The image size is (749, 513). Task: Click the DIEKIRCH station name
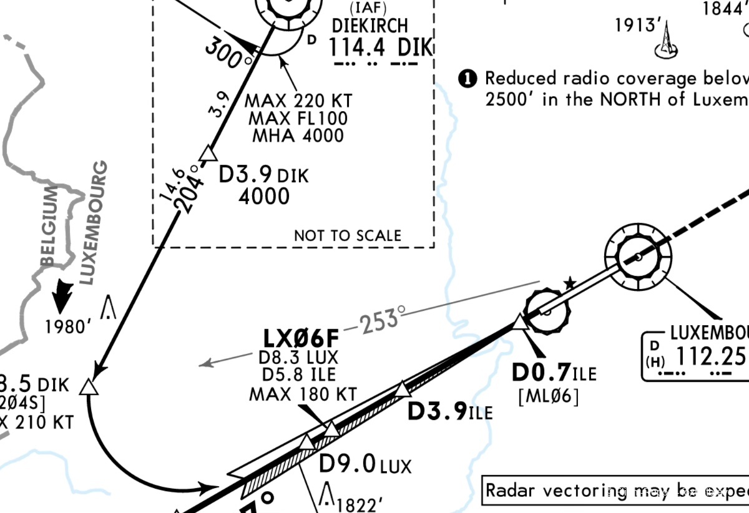coord(370,26)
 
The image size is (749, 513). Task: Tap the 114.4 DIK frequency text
coord(380,47)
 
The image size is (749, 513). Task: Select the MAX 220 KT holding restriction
coord(298,100)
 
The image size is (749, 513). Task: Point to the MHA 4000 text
coord(298,135)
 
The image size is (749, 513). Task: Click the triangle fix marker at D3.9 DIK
coord(208,153)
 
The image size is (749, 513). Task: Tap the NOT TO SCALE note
coord(348,235)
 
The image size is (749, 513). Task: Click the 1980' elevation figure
coord(69,326)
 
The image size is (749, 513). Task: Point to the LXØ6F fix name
coord(301,339)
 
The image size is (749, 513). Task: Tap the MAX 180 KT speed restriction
coord(303,394)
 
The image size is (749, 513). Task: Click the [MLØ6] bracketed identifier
coord(549,396)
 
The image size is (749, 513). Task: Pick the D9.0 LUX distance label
coord(365,465)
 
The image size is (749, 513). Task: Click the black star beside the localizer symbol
coord(569,284)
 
